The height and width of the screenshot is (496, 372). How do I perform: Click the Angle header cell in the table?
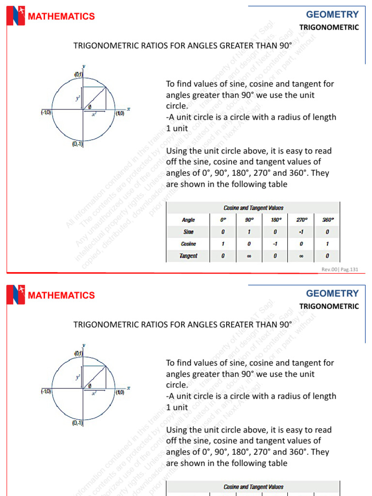point(188,220)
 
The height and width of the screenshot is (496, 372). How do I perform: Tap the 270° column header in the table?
point(302,220)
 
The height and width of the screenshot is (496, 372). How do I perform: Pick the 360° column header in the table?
point(328,220)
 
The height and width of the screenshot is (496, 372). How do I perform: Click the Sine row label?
point(188,232)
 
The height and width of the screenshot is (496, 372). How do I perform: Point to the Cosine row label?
point(188,244)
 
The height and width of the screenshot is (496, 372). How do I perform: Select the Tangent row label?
point(188,256)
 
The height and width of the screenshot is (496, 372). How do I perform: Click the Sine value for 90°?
point(249,232)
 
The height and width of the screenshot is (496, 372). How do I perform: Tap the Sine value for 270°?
point(302,232)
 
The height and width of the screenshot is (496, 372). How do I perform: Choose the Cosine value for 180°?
point(275,244)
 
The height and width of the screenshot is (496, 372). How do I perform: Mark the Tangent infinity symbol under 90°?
point(249,256)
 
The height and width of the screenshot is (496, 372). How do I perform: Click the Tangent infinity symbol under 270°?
point(302,256)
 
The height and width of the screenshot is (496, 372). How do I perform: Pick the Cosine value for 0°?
point(223,244)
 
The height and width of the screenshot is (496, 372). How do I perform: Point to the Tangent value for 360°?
point(328,256)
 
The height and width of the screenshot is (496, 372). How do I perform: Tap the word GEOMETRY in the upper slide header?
point(332,15)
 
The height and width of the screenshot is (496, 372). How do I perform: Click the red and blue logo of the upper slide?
point(15,16)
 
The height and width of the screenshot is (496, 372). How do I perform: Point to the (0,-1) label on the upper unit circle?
point(77,144)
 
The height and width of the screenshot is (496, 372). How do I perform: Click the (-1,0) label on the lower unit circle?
point(46,392)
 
